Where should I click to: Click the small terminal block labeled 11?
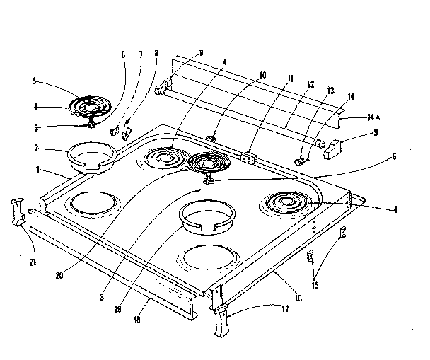(x=248, y=156)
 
